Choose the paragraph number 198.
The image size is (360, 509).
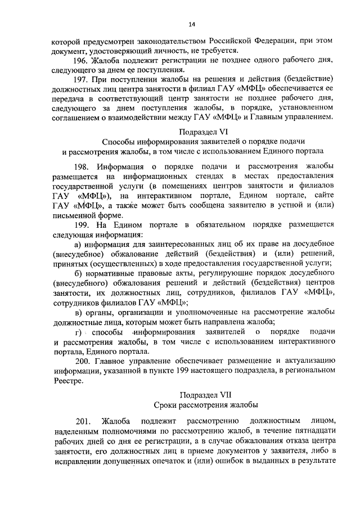pos(82,166)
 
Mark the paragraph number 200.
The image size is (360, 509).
pos(82,361)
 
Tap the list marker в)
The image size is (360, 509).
pos(79,312)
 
